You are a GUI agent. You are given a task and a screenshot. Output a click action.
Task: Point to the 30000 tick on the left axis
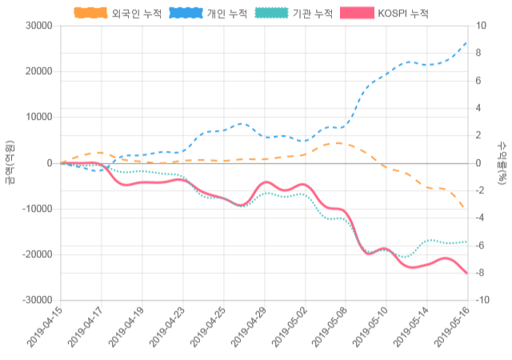(38, 26)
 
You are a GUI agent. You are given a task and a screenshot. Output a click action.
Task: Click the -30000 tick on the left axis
(37, 300)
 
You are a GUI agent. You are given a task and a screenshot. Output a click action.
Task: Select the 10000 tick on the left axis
(38, 117)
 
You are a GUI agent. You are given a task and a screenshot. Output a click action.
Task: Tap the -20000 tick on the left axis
(37, 254)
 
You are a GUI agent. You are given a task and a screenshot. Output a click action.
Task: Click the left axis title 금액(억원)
(10, 163)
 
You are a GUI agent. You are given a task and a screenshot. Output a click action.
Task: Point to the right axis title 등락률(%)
(502, 163)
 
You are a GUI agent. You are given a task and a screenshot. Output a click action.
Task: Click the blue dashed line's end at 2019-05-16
(466, 42)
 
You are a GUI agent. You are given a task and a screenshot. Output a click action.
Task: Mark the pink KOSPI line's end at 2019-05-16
(466, 273)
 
